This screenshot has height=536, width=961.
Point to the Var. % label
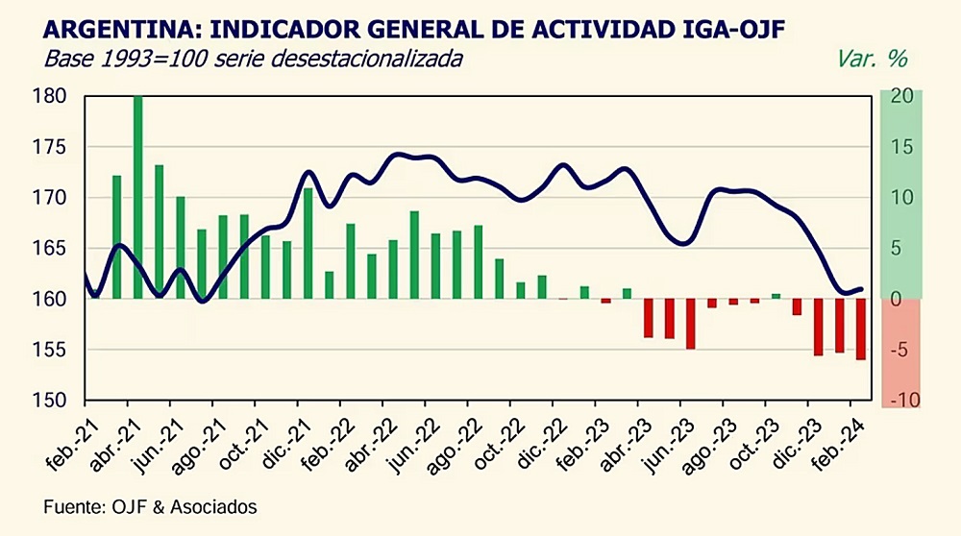pyautogui.click(x=871, y=59)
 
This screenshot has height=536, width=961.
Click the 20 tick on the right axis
pyautogui.click(x=901, y=96)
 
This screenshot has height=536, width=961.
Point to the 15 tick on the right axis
pyautogui.click(x=901, y=147)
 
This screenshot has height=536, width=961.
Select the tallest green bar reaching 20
pyautogui.click(x=137, y=197)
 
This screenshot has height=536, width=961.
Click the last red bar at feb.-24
pyautogui.click(x=860, y=329)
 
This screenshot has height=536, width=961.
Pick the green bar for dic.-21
pyautogui.click(x=308, y=243)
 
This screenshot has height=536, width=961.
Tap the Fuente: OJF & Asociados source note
pyautogui.click(x=151, y=505)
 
